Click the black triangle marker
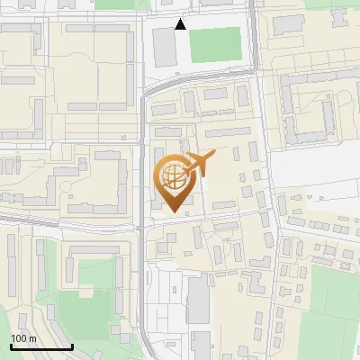181,24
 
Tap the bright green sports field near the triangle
215,45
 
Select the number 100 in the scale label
19,338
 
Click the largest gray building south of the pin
198,301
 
